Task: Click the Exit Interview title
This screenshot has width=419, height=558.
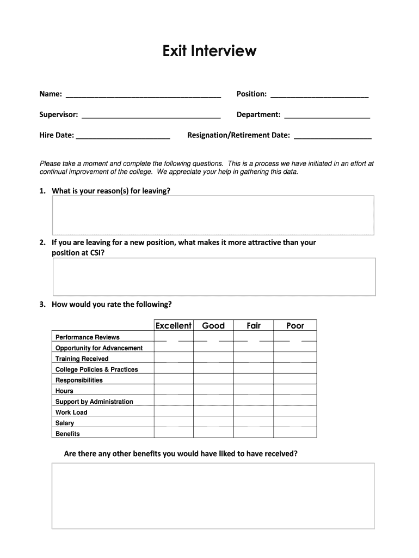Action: point(209,51)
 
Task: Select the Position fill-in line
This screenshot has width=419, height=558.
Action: point(319,95)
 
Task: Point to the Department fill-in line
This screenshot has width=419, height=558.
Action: point(327,115)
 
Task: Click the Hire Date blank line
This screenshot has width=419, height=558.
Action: point(123,136)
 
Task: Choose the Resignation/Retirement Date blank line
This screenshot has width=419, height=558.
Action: point(332,136)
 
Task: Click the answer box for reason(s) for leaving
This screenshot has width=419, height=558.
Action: point(213,215)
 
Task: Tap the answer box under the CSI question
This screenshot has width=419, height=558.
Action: point(214,276)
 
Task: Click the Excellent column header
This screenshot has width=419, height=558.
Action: point(174,326)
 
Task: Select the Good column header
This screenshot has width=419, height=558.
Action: point(213,326)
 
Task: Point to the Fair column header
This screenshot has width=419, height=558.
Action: point(254,326)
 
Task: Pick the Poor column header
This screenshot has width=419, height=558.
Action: point(295,326)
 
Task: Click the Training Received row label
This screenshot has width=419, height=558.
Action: point(82,359)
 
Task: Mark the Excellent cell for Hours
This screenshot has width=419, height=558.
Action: point(174,390)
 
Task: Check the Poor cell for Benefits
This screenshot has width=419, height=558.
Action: point(295,433)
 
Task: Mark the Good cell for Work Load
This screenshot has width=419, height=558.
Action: point(213,411)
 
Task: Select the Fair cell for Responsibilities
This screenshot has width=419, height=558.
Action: point(254,379)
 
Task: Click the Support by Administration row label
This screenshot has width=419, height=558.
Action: point(94,402)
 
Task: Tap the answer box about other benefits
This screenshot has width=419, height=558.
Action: point(213,495)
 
